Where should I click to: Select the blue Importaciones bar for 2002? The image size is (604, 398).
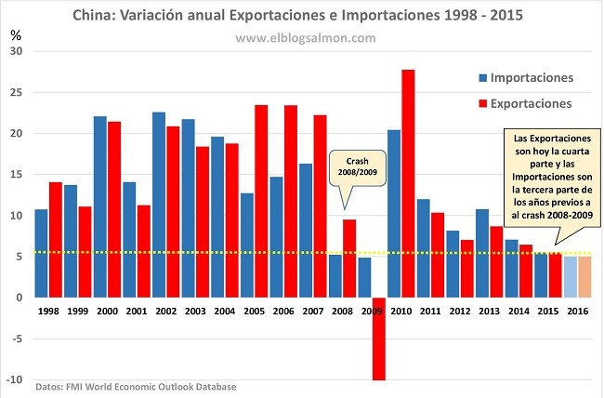[x=158, y=205]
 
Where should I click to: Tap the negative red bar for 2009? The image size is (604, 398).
[x=377, y=338]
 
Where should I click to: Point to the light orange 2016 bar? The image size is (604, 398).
[x=584, y=276]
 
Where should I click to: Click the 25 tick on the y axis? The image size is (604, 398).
[x=15, y=92]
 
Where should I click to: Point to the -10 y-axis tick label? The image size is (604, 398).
[x=14, y=379]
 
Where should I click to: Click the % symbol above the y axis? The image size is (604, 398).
[x=15, y=34]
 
